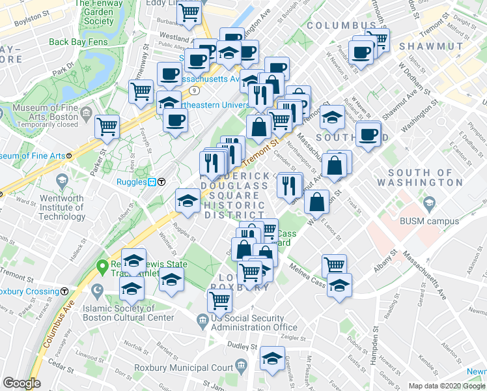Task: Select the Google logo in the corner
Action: click(22, 383)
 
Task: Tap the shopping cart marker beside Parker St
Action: click(107, 126)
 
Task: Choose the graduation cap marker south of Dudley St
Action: click(272, 358)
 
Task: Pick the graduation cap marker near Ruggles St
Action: click(188, 200)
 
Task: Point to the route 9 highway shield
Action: click(194, 89)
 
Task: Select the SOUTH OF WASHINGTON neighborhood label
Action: click(419, 177)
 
